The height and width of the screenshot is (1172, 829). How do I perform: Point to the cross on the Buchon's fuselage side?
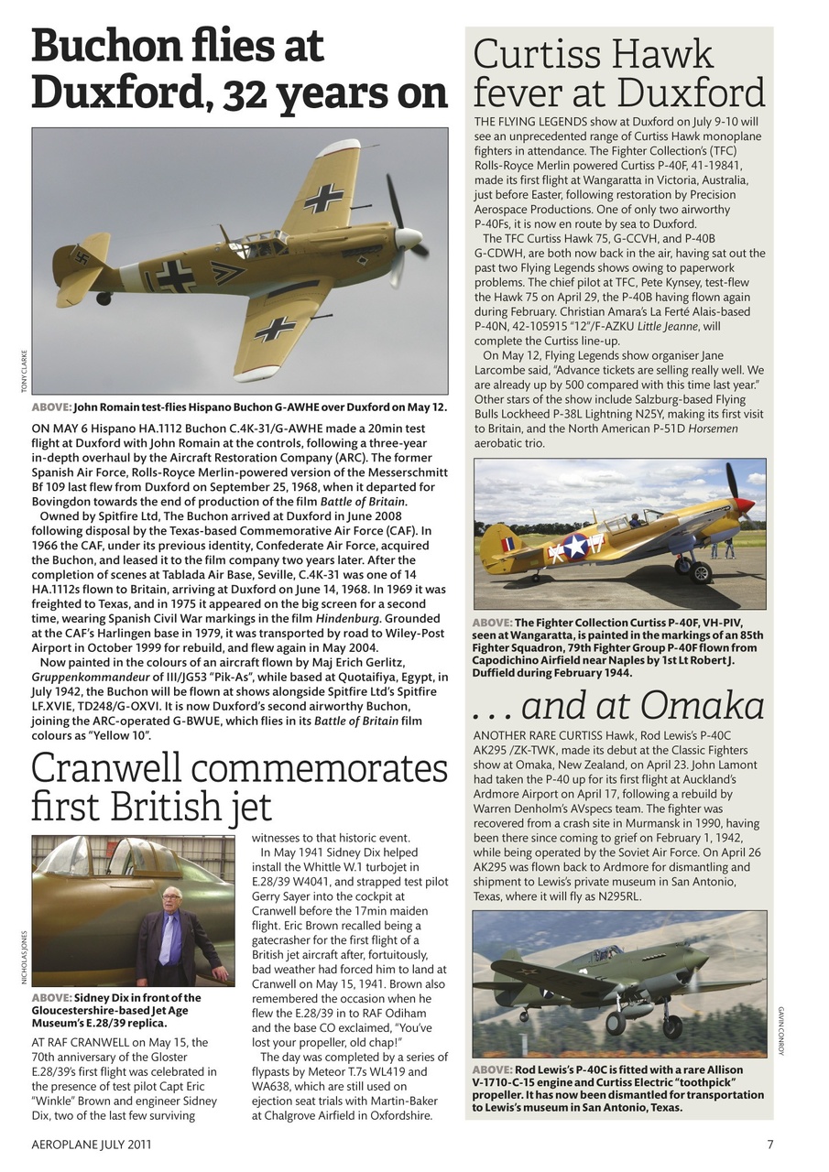174,275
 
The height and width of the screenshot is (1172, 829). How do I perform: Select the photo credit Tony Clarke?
23,372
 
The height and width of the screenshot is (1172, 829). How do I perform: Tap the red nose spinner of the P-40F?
744,505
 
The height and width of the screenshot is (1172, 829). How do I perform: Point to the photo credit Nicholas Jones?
23,958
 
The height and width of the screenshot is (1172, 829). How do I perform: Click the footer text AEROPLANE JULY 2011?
92,1144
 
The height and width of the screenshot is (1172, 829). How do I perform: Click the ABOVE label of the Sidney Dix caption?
51,998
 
